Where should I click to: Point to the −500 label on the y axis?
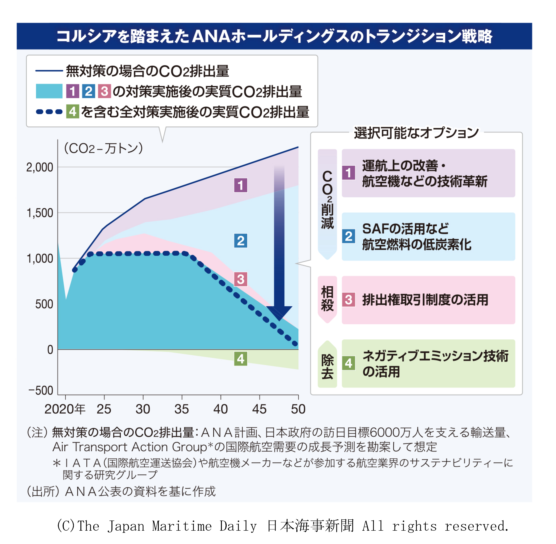click(x=41, y=390)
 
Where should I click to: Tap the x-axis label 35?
click(x=182, y=409)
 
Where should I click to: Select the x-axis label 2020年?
click(x=65, y=409)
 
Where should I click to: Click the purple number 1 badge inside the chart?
click(x=240, y=185)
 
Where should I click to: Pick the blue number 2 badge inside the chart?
click(x=240, y=241)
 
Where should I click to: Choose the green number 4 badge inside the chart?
click(x=240, y=359)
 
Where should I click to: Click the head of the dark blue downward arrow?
click(x=279, y=313)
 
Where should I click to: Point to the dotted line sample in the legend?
click(x=49, y=112)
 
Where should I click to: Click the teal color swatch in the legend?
click(x=49, y=91)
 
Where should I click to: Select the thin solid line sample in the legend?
click(x=49, y=71)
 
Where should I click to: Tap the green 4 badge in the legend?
click(x=73, y=112)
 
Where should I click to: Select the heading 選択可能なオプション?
click(x=416, y=133)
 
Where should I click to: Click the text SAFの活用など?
click(x=405, y=229)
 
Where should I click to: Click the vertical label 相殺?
click(x=327, y=299)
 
